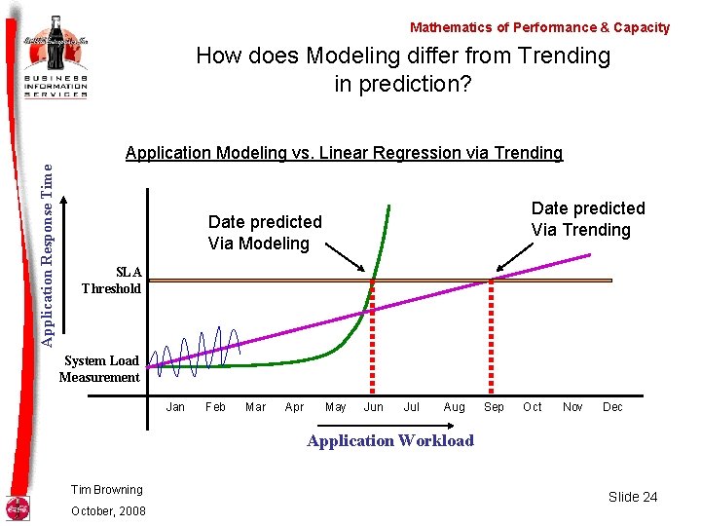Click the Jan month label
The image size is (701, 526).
176,407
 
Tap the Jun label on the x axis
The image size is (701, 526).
373,407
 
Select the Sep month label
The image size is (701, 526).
494,407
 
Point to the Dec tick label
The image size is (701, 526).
612,407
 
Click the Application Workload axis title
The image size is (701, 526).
390,440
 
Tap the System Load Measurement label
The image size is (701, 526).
99,369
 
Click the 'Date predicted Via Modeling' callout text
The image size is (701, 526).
265,233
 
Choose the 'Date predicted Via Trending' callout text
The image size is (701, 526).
587,219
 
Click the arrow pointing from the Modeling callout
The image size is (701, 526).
346,258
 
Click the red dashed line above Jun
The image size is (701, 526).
373,341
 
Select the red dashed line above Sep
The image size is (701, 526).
491,341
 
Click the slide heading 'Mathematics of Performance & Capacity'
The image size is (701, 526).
539,28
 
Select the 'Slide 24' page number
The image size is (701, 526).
633,497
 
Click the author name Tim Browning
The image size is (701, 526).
107,490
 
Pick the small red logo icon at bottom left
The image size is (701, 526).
18,507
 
